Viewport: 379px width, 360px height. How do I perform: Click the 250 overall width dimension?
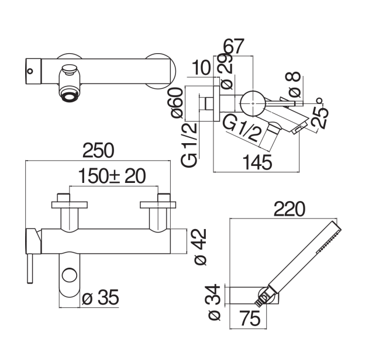coord(98,150)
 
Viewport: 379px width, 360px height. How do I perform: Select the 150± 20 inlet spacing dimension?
coord(112,176)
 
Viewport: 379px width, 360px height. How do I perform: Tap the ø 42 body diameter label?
coord(201,247)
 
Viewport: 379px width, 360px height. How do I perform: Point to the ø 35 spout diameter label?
coord(101,297)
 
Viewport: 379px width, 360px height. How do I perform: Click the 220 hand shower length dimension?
coord(290,209)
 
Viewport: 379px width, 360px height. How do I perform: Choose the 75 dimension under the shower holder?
coord(250,319)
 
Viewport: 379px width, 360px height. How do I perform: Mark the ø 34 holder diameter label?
coord(214,302)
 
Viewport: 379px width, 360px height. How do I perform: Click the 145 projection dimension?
coord(257,162)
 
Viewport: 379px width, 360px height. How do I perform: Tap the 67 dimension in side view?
coord(234,46)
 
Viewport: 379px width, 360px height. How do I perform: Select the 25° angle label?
coord(320,114)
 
